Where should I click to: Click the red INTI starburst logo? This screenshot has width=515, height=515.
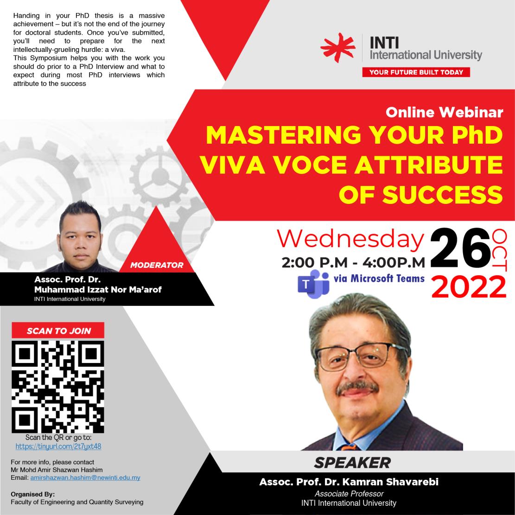point(338,47)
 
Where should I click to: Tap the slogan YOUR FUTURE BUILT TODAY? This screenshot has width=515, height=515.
point(416,72)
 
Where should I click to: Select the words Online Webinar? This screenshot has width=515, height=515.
point(445,112)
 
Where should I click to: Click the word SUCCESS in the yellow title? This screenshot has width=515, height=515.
point(442,194)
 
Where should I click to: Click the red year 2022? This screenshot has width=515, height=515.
point(469,287)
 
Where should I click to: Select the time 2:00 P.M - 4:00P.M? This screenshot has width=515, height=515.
point(353,262)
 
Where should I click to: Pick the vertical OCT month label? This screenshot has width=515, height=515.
point(500,250)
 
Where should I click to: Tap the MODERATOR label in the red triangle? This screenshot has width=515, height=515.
point(157,265)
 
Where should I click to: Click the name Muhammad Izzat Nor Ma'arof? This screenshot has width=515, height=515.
point(98,290)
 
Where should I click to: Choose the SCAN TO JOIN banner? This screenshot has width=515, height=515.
point(58,331)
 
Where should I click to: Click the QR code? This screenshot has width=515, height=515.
point(58,387)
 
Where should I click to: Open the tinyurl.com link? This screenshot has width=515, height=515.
point(58,446)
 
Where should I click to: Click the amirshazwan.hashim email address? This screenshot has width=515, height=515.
point(85,477)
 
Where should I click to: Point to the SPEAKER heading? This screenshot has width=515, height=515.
point(352,463)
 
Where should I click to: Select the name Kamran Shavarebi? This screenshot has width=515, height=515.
point(390,482)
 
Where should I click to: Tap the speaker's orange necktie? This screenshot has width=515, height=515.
point(349,447)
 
